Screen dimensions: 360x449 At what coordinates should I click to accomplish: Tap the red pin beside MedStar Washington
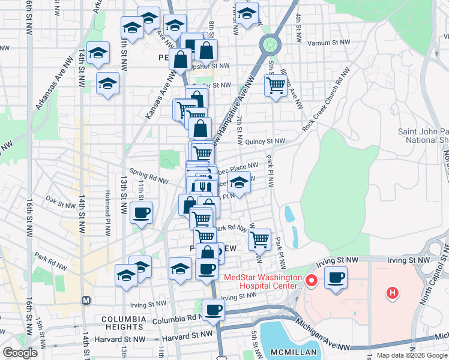pos(311,280)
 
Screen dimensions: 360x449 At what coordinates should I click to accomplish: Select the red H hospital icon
pos(392,293)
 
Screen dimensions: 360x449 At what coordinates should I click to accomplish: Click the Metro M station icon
pos(85,299)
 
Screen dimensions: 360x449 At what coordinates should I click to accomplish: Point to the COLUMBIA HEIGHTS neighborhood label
pos(124,324)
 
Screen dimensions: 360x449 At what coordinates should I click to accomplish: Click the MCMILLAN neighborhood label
pos(289,351)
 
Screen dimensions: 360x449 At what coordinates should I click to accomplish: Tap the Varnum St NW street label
pos(328,43)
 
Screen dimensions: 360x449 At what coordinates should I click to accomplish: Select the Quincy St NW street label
pos(265,142)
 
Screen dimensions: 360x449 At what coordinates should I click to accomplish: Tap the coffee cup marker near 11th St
pos(142,212)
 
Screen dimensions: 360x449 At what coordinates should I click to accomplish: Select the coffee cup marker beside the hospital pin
pos(336,278)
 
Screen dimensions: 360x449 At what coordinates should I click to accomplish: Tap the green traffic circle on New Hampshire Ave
pos(270,43)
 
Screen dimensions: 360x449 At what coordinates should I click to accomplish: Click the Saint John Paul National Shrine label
pos(423,136)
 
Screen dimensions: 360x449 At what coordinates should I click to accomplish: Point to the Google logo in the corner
pos(20,353)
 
